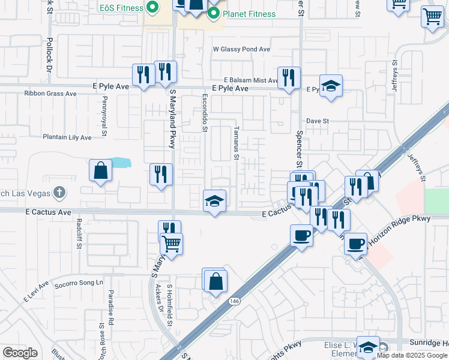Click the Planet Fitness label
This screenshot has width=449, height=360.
[x=249, y=14]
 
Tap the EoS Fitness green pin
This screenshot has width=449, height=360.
[x=152, y=8]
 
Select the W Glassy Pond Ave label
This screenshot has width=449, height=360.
[x=242, y=49]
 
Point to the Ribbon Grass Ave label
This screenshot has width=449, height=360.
[x=50, y=94]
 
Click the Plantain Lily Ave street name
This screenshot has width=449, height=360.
[x=67, y=137]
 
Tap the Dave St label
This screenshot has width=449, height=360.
[x=318, y=121]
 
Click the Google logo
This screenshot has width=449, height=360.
[x=20, y=353]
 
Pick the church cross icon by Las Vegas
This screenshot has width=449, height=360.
[x=58, y=193]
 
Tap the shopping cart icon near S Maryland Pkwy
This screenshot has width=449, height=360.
[x=172, y=244]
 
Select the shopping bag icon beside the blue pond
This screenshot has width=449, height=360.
[x=100, y=170]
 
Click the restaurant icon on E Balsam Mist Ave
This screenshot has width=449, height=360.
[x=289, y=78]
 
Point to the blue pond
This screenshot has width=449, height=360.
[x=120, y=162]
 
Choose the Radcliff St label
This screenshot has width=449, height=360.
[x=79, y=229]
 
